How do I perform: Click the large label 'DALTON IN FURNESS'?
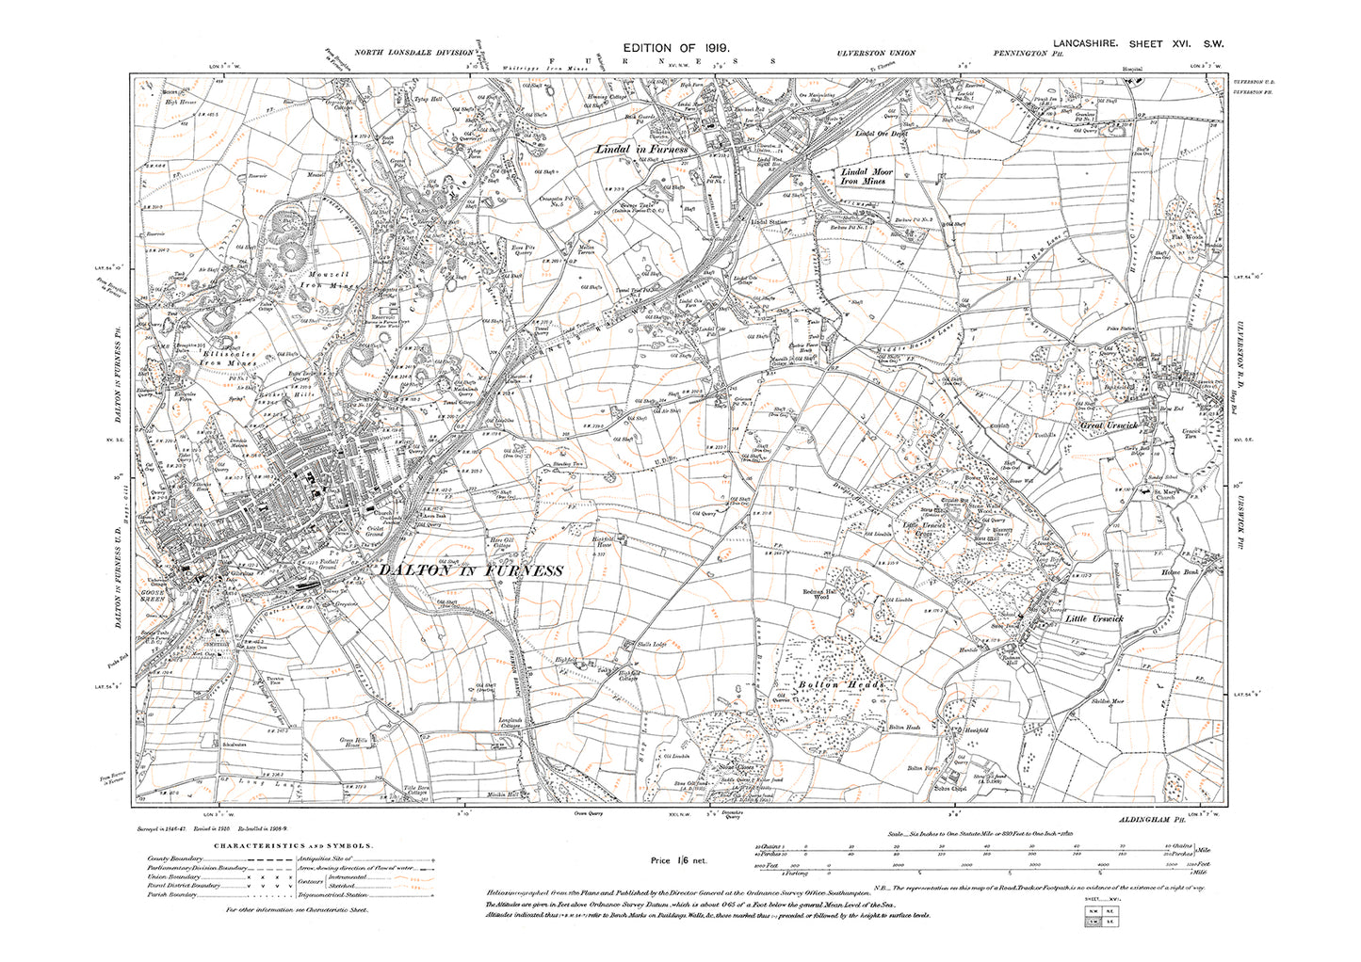pos(470,570)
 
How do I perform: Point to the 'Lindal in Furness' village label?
pos(643,150)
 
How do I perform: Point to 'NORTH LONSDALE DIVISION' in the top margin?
pos(413,54)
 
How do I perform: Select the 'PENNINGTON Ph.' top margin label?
pos(1027,54)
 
